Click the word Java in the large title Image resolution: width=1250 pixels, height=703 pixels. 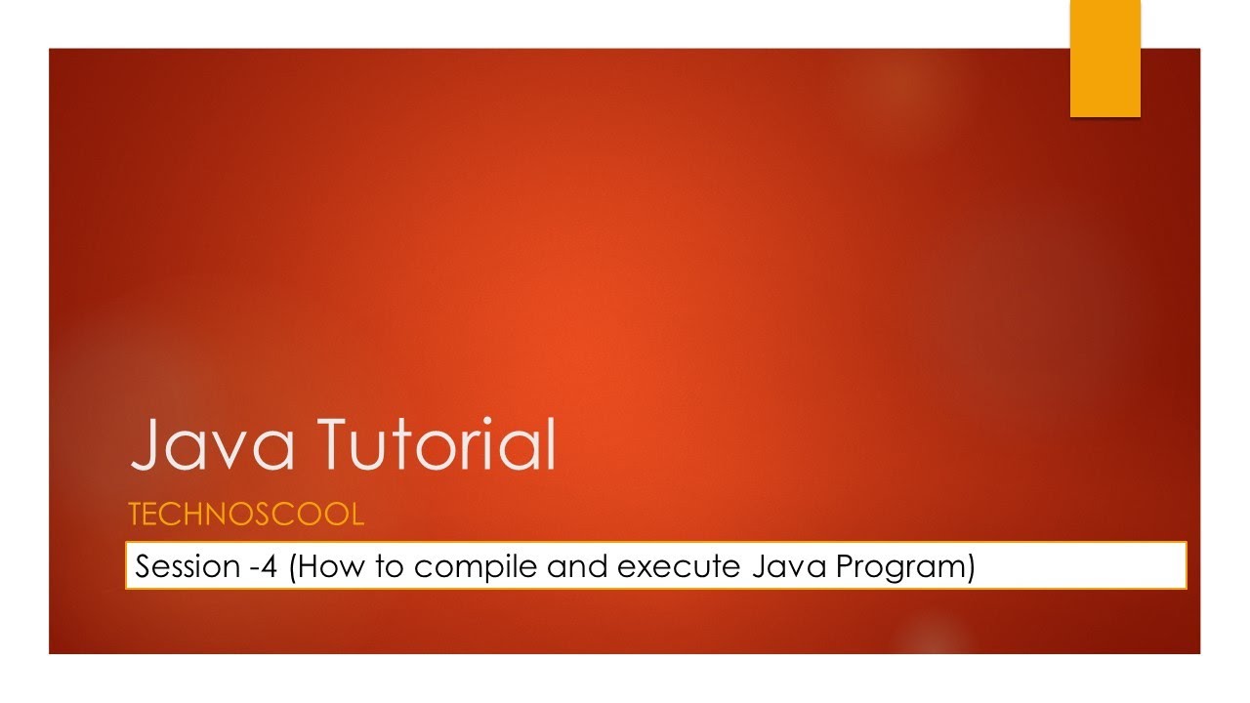212,444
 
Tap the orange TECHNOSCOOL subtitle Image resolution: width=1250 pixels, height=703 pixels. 246,514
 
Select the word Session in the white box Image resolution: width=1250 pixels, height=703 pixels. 187,566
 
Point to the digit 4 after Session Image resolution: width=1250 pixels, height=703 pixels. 270,566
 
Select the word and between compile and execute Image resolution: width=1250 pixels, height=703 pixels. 577,566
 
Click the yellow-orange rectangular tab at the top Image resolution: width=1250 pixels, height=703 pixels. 1104,58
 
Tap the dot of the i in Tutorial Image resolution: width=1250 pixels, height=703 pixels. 487,421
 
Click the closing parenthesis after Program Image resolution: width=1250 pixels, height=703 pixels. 971,568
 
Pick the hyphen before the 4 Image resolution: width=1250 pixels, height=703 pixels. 255,569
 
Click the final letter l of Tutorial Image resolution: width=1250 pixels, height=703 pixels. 552,443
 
